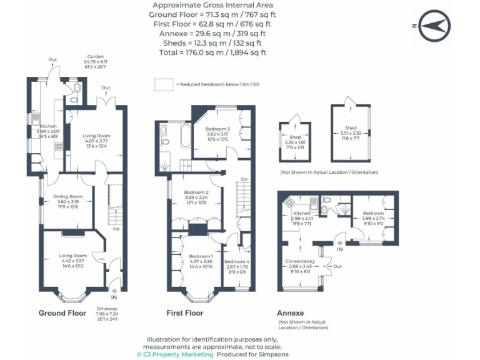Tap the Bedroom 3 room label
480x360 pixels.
pos(217,129)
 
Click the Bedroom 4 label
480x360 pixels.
pos(237,262)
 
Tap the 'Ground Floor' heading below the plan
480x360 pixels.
pos(62,313)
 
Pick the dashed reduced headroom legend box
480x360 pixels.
pos(164,84)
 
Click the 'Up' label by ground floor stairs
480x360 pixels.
pos(116,229)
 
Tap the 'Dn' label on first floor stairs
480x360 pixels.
pos(244,181)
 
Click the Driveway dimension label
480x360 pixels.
pos(107,313)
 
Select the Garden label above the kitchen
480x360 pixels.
pos(95,56)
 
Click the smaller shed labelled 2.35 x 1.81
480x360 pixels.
pos(295,141)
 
